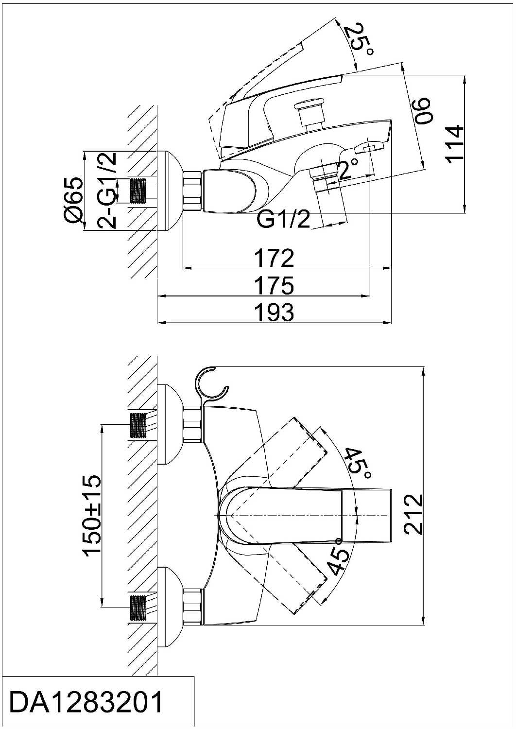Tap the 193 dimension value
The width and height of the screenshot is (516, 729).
tap(274, 312)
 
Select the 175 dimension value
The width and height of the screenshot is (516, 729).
tap(274, 285)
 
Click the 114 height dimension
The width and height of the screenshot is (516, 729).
tap(454, 142)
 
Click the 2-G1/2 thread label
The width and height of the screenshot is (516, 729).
tap(107, 190)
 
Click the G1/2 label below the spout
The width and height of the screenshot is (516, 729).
tap(283, 220)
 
